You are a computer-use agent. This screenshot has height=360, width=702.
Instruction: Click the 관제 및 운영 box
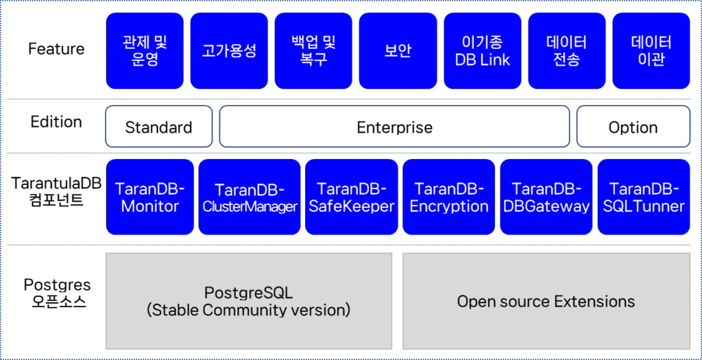point(145,51)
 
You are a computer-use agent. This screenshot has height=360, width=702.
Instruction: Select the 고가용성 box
point(229,51)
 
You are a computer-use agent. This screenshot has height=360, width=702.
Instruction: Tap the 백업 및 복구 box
point(313,51)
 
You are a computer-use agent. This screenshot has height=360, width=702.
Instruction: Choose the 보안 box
point(398,51)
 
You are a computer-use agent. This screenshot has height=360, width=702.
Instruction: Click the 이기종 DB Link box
point(483,51)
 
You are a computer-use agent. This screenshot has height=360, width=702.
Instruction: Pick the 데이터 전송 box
point(567,51)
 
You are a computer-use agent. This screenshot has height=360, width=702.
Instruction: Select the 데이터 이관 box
point(651,51)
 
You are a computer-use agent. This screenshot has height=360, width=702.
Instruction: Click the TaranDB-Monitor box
point(149,197)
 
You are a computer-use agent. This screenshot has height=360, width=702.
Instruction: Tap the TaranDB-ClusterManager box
point(250,197)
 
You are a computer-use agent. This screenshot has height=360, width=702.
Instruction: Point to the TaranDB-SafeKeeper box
point(352,197)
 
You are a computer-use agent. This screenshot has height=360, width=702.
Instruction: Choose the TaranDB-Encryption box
point(449,197)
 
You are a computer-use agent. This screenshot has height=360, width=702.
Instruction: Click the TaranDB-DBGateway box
point(546,197)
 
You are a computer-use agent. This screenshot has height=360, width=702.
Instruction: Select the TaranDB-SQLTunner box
point(644,197)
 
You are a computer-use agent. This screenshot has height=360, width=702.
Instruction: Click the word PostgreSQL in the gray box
point(248,293)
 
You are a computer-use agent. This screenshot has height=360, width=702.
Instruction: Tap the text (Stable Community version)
point(248,310)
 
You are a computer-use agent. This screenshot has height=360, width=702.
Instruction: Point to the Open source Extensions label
point(546,302)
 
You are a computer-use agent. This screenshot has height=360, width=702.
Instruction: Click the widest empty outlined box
point(394,126)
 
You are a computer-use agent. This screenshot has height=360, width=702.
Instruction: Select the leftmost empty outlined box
point(159,126)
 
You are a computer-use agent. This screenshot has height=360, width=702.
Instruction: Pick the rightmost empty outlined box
point(633,126)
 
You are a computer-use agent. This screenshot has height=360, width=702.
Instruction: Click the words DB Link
point(483,60)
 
